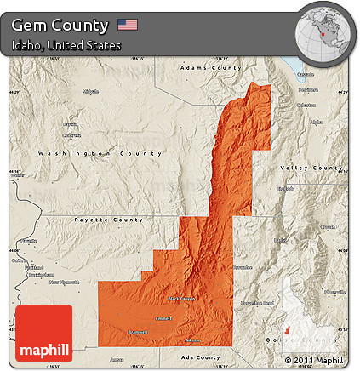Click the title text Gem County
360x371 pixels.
[x=60, y=26]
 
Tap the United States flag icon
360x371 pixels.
[x=128, y=25]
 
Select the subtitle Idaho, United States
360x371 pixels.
[x=66, y=45]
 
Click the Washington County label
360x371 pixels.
[x=100, y=153]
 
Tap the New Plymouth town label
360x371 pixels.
[x=64, y=282]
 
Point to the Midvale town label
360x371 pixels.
[x=91, y=91]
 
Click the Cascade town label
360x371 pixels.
[x=306, y=75]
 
